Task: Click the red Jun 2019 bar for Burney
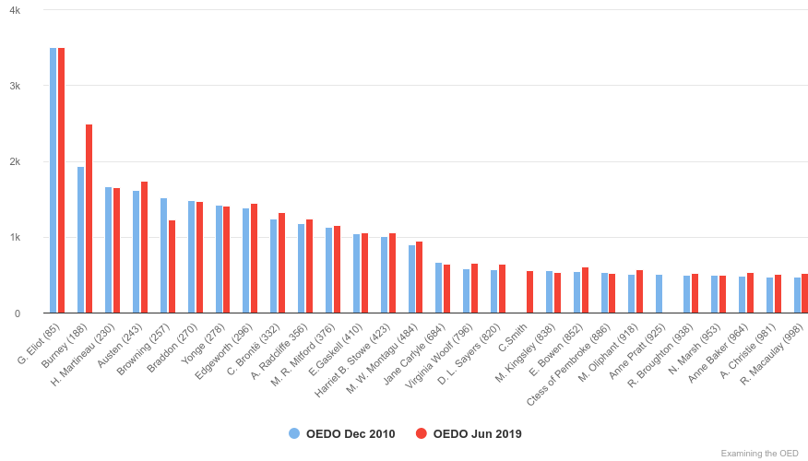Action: (89, 219)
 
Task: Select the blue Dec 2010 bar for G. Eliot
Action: (53, 181)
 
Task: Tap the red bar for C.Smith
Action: (529, 292)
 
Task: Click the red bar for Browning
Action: (172, 266)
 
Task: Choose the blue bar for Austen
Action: (137, 252)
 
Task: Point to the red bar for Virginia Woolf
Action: (475, 289)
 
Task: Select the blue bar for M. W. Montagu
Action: (411, 279)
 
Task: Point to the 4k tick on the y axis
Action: (14, 9)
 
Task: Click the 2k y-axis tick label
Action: (14, 161)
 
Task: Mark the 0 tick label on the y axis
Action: (17, 313)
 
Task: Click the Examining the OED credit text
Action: (759, 453)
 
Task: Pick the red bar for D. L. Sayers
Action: (502, 289)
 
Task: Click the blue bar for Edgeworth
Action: (246, 261)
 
